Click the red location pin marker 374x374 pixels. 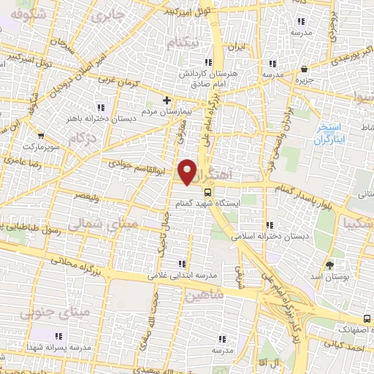(188, 172)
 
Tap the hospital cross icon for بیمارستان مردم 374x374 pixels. (167, 100)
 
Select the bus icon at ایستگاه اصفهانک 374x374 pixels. (366, 318)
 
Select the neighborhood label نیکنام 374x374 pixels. (183, 44)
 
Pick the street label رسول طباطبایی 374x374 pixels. (40, 229)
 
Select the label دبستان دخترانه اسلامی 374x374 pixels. (267, 237)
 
